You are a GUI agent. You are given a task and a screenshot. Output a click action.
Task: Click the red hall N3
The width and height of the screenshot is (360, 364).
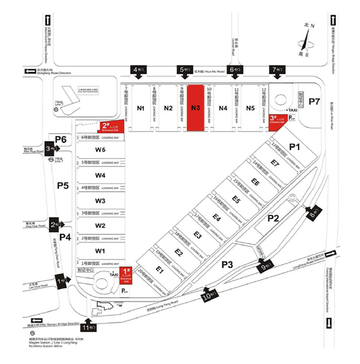pos(195,108)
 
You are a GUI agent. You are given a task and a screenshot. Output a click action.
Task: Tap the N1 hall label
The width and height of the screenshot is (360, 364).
pos(141,108)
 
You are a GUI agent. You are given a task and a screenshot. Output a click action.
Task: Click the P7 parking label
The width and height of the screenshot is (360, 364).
pos(314,101)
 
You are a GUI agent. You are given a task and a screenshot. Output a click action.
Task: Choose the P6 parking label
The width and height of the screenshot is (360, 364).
pos(61,139)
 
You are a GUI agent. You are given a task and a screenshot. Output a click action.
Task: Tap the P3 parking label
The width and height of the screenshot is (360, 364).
pos(228,265)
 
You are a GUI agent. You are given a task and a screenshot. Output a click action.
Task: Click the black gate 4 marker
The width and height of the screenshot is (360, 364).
pos(139,70)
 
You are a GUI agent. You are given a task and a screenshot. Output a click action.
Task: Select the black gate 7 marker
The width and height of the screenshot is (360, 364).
pos(276,70)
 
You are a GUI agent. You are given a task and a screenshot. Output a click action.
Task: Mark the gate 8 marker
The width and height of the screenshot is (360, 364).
pos(314,212)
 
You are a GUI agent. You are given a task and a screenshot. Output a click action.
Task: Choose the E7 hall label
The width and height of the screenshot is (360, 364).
pos(275,162)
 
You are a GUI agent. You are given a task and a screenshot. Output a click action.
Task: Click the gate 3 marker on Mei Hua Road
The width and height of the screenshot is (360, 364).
pos(51,148)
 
